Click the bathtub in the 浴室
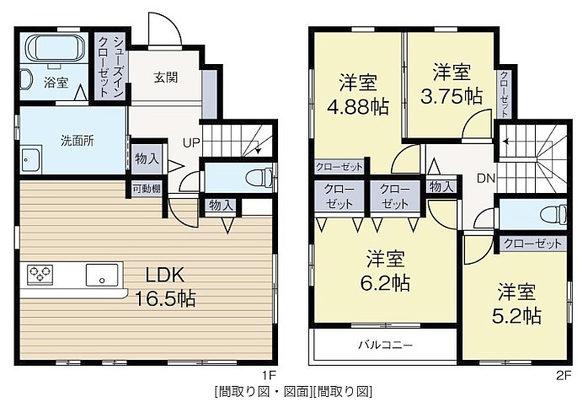click(x=55, y=48)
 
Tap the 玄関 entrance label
click(x=165, y=78)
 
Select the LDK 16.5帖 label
click(x=165, y=287)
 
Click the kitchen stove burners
click(x=40, y=275)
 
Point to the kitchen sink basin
click(x=102, y=275)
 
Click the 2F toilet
click(x=553, y=215)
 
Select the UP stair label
click(x=191, y=143)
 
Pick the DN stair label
click(x=486, y=179)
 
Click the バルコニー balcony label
click(x=386, y=344)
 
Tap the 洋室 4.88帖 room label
click(x=358, y=94)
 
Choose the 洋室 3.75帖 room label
click(x=452, y=84)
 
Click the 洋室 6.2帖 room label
click(x=386, y=271)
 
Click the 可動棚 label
click(x=147, y=188)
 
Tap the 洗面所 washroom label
click(x=78, y=141)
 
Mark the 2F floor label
click(x=564, y=375)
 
